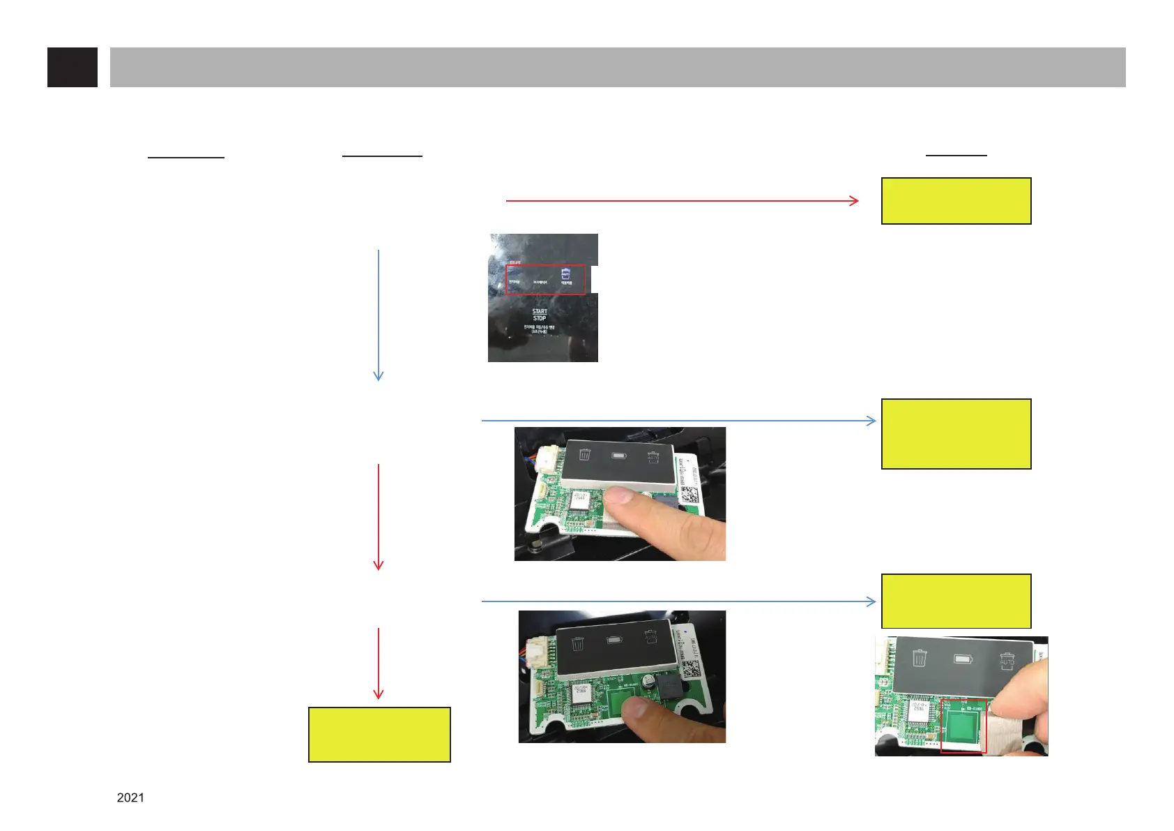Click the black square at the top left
[73, 67]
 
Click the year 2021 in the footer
[130, 798]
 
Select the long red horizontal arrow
[682, 201]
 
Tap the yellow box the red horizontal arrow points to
[956, 201]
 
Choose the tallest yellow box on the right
[956, 434]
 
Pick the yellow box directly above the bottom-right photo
[956, 601]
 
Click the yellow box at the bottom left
[379, 735]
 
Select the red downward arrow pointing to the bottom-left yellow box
[379, 664]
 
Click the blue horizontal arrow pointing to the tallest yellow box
[678, 421]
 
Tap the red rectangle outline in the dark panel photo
[545, 280]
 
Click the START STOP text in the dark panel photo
[540, 315]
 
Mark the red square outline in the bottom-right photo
[963, 726]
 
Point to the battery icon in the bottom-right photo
[963, 659]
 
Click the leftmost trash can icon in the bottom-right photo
[920, 657]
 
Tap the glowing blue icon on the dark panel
[566, 272]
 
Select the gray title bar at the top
[618, 67]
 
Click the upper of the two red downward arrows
[379, 516]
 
